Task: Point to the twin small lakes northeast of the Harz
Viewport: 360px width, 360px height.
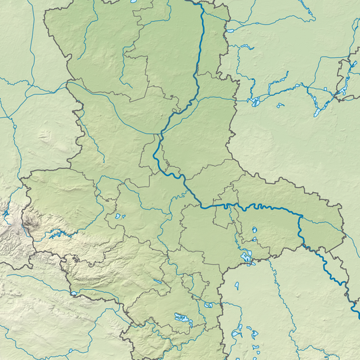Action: [119, 216]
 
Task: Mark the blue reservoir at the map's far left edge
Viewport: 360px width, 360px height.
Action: [5, 215]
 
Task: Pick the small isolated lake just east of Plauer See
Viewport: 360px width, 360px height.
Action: [281, 105]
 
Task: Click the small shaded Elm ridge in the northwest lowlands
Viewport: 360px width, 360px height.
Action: [45, 137]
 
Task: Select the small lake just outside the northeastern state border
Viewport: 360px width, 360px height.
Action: [230, 30]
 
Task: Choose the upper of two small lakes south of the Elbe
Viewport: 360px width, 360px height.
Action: [253, 231]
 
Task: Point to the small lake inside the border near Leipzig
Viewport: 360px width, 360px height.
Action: [209, 305]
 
